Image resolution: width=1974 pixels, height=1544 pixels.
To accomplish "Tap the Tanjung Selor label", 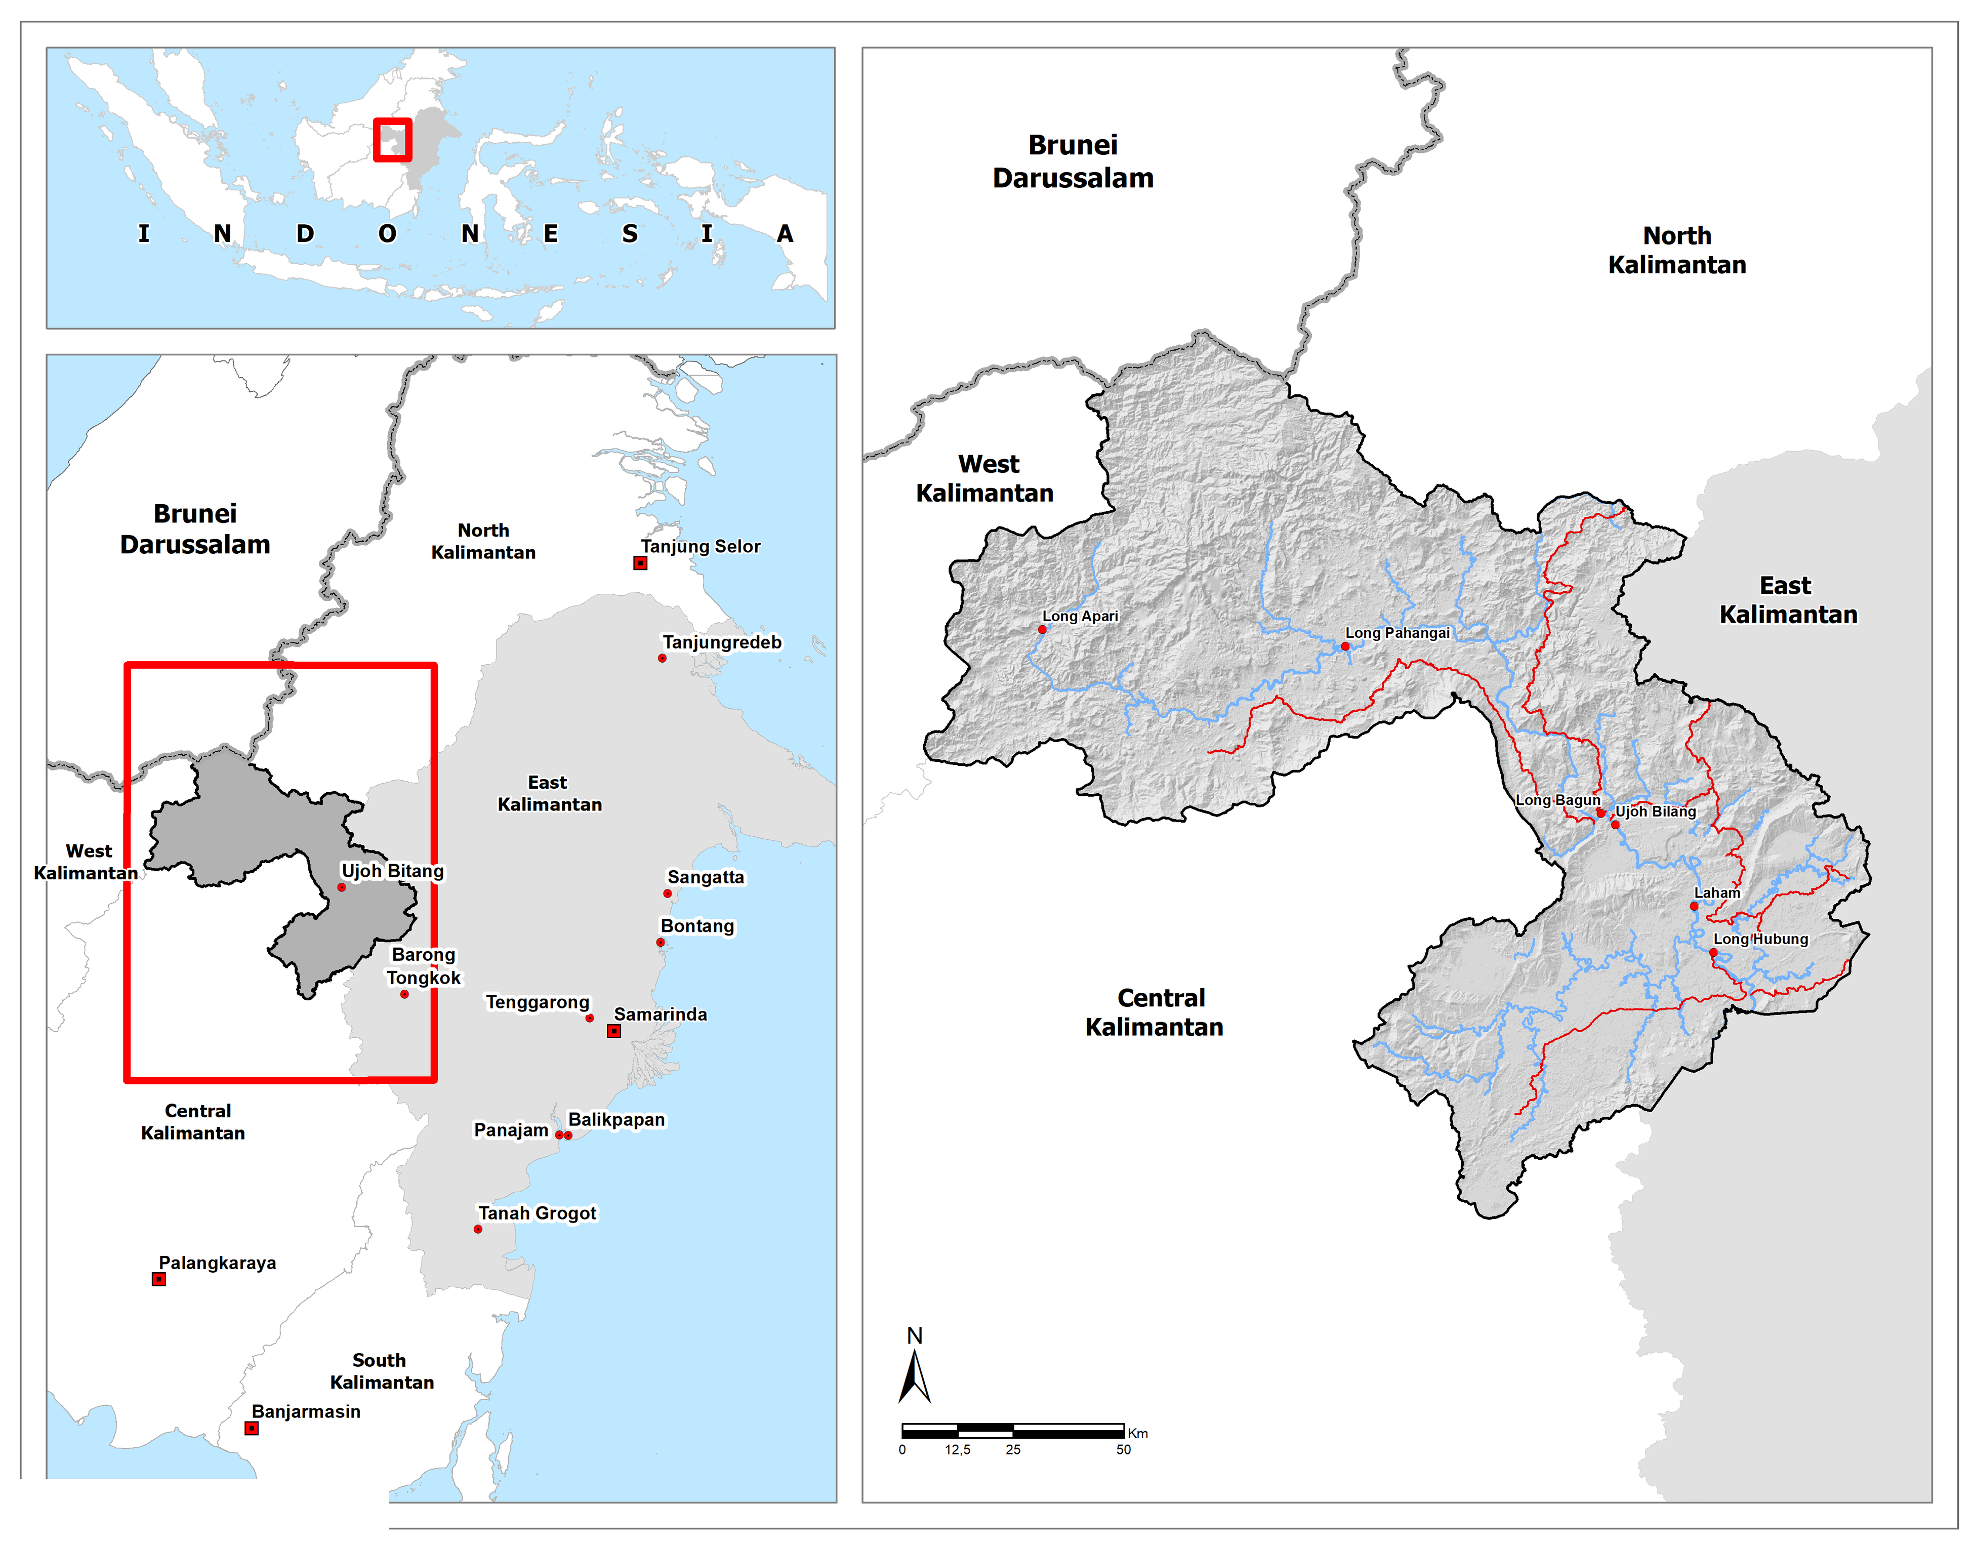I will pyautogui.click(x=701, y=546).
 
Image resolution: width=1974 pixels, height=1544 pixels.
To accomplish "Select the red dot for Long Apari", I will pyautogui.click(x=1042, y=629).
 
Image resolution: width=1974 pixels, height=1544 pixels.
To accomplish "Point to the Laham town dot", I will pyautogui.click(x=1694, y=906).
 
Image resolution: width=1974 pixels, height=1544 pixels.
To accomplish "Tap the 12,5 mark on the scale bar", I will pyautogui.click(x=957, y=1449).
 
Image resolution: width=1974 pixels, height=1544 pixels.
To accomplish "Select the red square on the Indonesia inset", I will pyautogui.click(x=392, y=140).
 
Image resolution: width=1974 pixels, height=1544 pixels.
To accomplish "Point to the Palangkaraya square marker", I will pyautogui.click(x=158, y=1279).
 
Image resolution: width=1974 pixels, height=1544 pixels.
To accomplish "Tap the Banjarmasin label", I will pyautogui.click(x=306, y=1411).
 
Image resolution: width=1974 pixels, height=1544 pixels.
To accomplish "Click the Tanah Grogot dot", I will pyautogui.click(x=477, y=1230).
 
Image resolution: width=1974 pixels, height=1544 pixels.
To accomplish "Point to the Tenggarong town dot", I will pyautogui.click(x=589, y=1018).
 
